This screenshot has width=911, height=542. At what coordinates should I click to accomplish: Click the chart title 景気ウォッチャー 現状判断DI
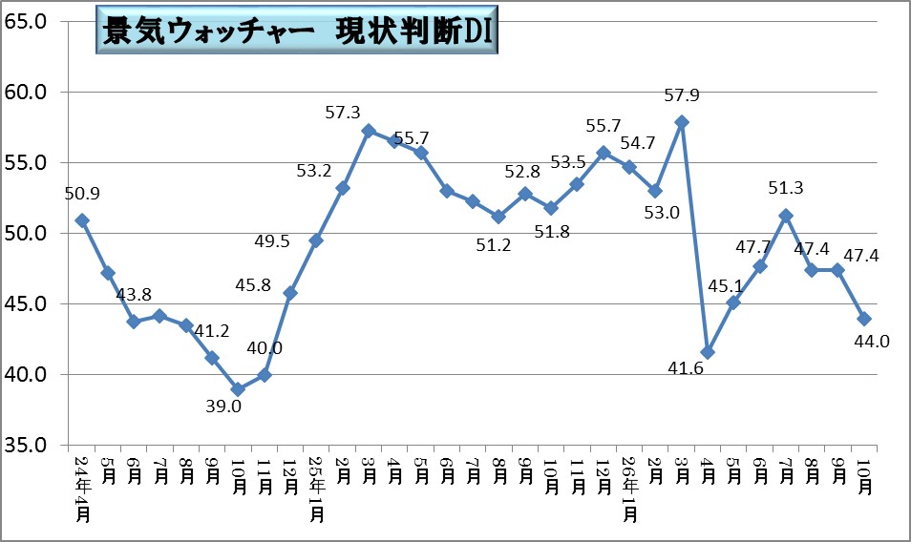point(297,31)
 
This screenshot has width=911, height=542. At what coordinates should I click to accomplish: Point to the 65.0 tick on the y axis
point(25,22)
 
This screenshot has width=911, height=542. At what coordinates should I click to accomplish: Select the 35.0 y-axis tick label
point(25,445)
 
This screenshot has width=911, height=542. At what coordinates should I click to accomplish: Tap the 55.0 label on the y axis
point(25,163)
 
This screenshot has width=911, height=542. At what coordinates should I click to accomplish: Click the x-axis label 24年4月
point(82,489)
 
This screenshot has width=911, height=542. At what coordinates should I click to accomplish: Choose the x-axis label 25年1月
point(317,489)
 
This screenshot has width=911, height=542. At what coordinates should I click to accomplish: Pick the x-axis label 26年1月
point(630,489)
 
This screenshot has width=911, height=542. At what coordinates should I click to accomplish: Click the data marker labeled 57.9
point(682,122)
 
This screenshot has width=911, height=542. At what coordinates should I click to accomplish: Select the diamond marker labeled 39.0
point(238,388)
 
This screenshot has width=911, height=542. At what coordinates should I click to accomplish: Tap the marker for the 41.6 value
point(708,352)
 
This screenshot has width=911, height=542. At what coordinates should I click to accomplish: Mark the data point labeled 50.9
point(82,220)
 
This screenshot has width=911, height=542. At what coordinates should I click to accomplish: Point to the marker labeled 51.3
point(786,216)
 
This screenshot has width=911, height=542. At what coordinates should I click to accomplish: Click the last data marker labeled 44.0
point(864,319)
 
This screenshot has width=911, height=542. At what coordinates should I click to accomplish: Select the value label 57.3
point(343,113)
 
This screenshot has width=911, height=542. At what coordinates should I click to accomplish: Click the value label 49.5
point(272,241)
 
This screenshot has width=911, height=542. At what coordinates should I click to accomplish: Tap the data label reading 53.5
point(567,162)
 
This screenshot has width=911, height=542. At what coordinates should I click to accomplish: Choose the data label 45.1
point(726,285)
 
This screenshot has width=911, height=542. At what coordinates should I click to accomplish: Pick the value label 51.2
point(494,245)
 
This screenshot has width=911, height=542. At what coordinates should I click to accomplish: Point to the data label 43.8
point(134,295)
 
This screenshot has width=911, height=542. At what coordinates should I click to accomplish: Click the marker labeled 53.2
point(343,188)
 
